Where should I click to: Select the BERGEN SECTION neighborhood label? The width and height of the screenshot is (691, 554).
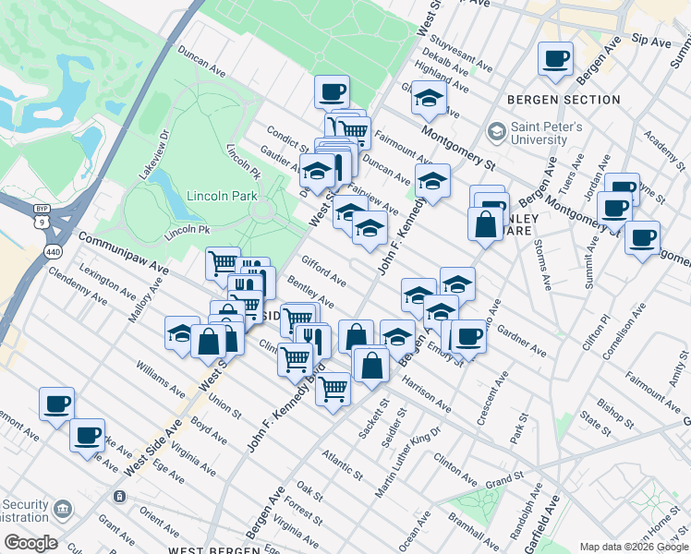[x=564, y=100]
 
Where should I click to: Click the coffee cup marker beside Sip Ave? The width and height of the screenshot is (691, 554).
[x=556, y=59]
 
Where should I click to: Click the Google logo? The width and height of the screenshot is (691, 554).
[x=31, y=542]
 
